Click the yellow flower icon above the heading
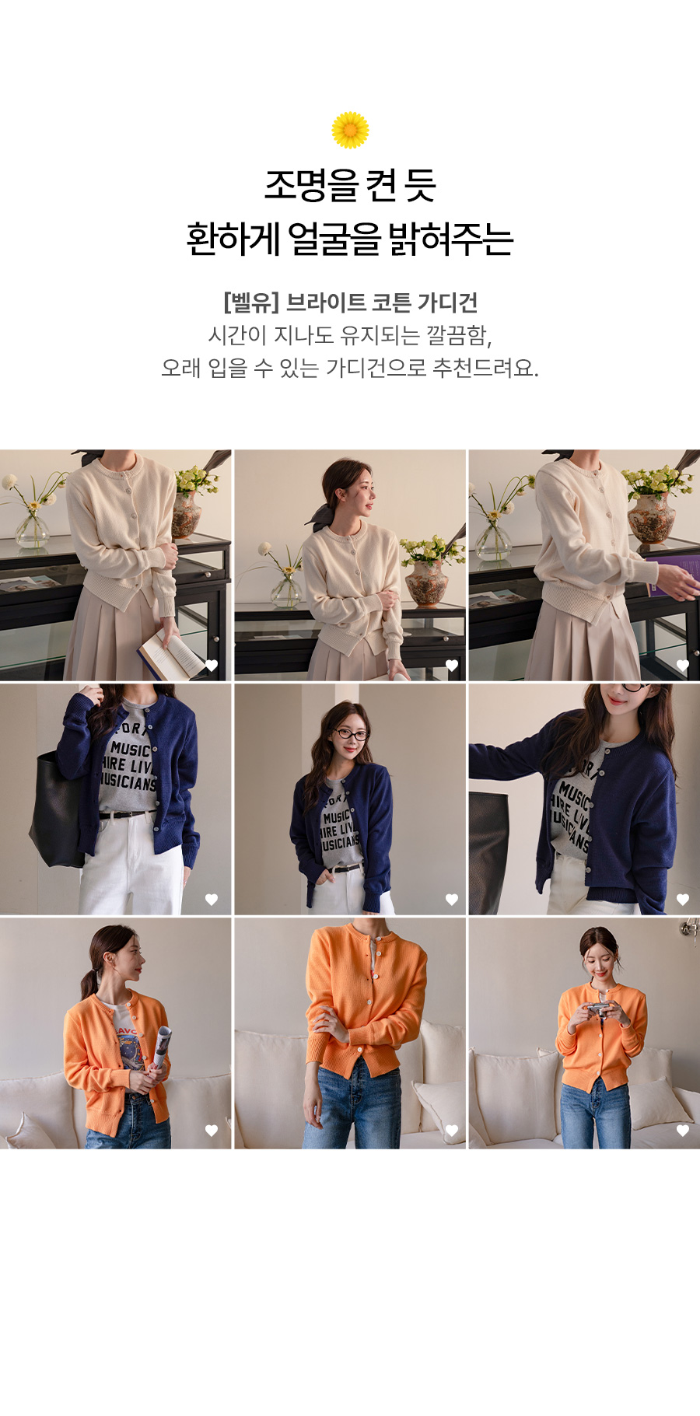click(350, 130)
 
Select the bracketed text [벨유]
click(250, 302)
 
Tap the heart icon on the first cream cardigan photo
click(211, 666)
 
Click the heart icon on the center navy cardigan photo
click(451, 900)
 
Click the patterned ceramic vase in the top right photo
click(652, 517)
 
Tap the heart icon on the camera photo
click(683, 1131)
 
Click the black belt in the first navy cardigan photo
click(128, 814)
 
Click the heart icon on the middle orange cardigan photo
click(451, 1131)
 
